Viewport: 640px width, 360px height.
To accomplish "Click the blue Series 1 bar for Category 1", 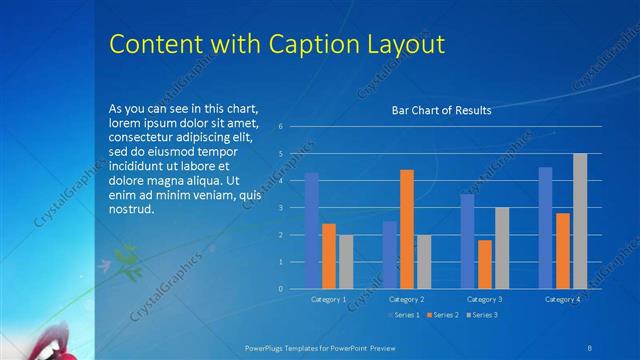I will click(x=311, y=230).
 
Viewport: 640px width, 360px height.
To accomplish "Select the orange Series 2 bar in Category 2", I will click(x=407, y=229).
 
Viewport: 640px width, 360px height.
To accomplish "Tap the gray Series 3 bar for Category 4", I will click(x=580, y=221).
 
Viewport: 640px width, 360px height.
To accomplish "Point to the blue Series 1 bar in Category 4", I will click(x=545, y=228).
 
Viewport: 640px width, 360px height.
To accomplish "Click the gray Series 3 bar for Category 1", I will click(x=346, y=262).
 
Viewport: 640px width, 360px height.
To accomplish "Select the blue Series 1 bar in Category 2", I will click(x=389, y=255).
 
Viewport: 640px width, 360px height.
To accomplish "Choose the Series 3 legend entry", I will click(x=483, y=315).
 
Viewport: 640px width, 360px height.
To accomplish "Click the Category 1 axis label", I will click(x=328, y=299).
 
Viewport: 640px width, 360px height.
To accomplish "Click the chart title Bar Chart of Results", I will click(x=440, y=110).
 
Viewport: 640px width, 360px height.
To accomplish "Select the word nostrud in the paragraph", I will click(x=131, y=210).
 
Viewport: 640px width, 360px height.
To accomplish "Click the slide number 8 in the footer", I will click(x=589, y=346).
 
